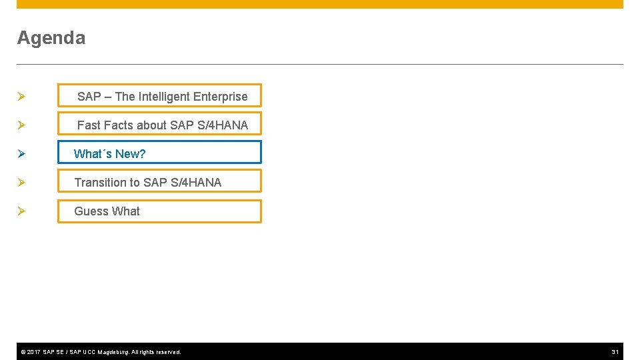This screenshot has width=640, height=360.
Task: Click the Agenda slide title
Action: click(x=51, y=38)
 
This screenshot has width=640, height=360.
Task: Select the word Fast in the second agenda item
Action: click(x=89, y=125)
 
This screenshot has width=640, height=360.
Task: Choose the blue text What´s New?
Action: click(x=109, y=154)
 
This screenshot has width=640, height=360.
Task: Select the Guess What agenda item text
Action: click(x=107, y=211)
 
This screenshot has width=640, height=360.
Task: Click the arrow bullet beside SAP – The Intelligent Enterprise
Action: click(x=21, y=97)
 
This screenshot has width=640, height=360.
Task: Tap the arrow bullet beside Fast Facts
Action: click(x=21, y=125)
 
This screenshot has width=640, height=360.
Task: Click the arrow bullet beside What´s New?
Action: click(x=21, y=154)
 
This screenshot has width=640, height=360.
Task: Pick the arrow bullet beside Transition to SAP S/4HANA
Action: click(x=21, y=183)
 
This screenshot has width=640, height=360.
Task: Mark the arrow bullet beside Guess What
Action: click(x=21, y=211)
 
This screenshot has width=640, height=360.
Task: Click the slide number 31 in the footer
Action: click(x=615, y=352)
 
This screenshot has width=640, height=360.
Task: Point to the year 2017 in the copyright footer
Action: click(x=33, y=352)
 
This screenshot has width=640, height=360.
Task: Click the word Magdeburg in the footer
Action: click(x=113, y=352)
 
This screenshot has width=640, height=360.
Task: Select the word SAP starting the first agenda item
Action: click(x=89, y=97)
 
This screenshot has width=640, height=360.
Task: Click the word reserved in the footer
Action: click(x=167, y=352)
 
